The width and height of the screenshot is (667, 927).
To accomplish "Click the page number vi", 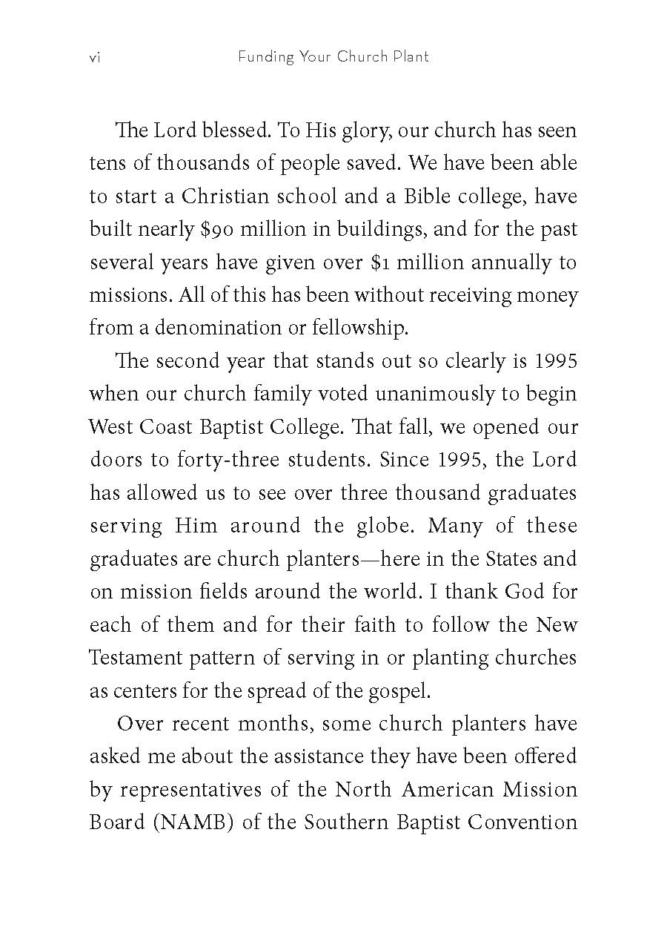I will click(x=94, y=58).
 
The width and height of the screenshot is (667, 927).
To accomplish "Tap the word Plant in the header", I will click(x=411, y=57).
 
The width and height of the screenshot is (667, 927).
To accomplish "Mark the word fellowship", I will click(x=354, y=327).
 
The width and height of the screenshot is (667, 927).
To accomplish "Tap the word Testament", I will click(x=136, y=657).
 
